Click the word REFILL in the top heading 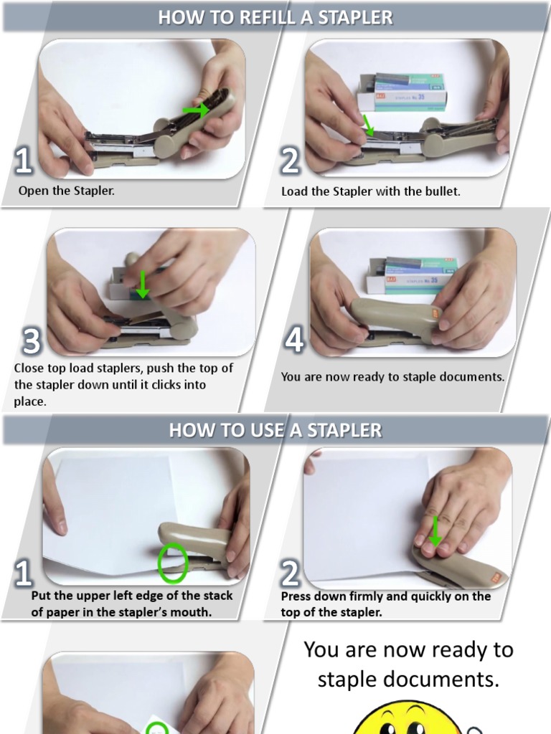point(267,17)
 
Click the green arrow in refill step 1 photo point(197,110)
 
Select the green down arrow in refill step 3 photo point(142,284)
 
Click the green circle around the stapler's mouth point(173,563)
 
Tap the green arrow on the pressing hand point(435,531)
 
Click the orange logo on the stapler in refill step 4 point(435,313)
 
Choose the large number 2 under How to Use point(291,574)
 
